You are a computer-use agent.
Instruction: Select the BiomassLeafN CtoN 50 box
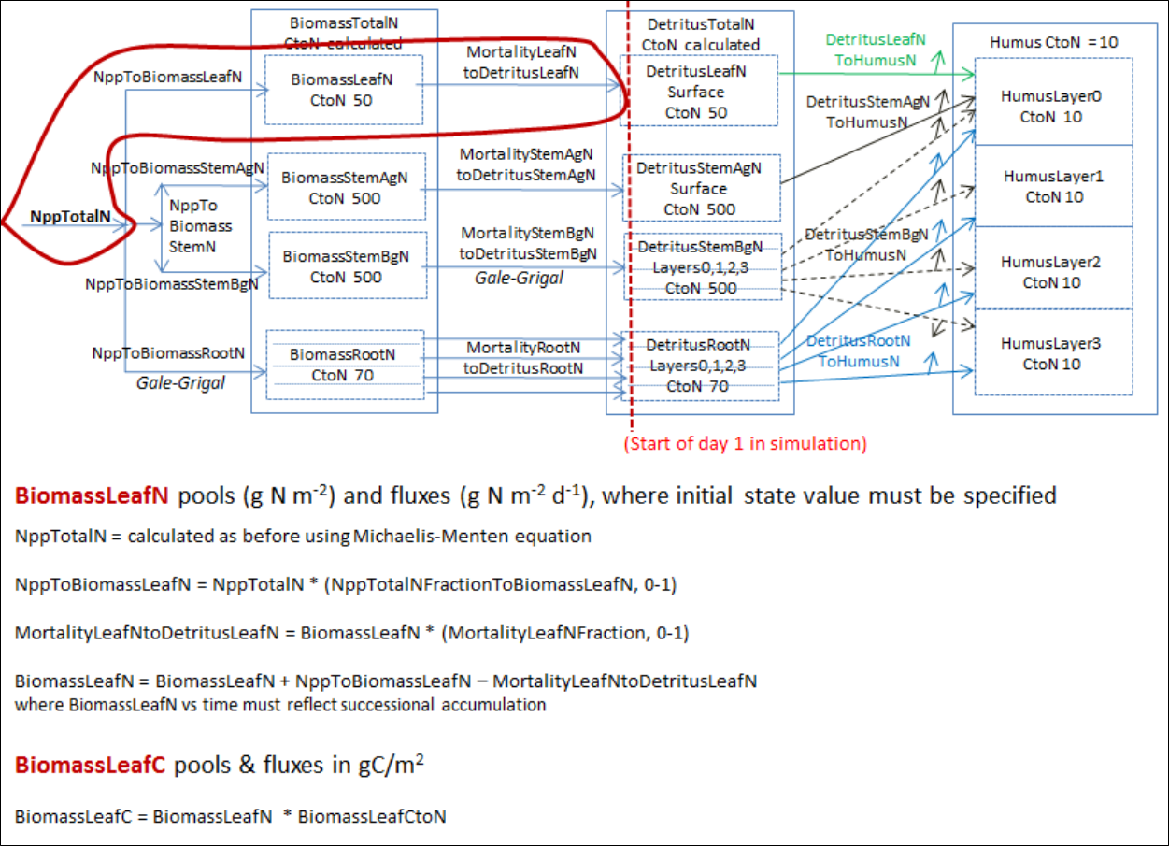(x=343, y=90)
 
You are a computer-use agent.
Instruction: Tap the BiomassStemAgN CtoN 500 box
(x=345, y=187)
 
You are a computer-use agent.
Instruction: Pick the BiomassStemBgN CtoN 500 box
(x=345, y=266)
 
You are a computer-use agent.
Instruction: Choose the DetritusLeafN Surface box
(x=697, y=92)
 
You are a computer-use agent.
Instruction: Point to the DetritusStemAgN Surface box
(x=699, y=188)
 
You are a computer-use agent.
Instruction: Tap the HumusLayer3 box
(x=1053, y=353)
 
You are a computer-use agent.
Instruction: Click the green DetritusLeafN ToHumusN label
(x=875, y=50)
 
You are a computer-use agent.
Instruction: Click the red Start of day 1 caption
(x=746, y=443)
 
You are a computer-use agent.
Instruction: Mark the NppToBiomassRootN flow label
(x=168, y=352)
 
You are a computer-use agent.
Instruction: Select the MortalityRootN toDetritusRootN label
(x=523, y=358)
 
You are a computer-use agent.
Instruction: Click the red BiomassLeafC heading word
(x=90, y=765)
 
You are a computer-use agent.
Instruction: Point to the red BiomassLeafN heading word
(x=91, y=495)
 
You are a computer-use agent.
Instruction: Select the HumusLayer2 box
(x=1053, y=272)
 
